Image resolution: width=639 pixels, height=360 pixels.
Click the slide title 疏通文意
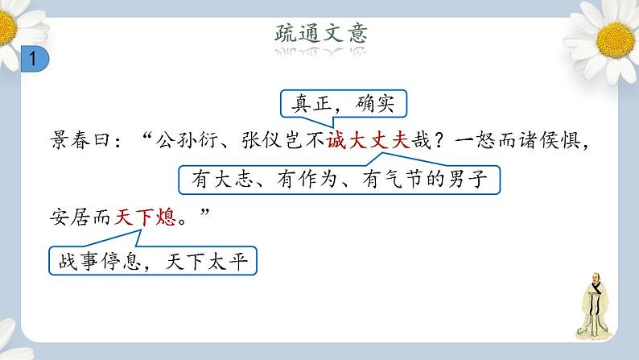320,33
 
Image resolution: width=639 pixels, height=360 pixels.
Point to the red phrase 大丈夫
374,140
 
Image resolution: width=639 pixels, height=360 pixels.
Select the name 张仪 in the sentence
265,140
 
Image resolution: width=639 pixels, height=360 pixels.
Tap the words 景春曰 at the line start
79,140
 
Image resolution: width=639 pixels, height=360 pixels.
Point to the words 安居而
79,217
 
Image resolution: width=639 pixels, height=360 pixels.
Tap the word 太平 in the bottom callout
226,262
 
